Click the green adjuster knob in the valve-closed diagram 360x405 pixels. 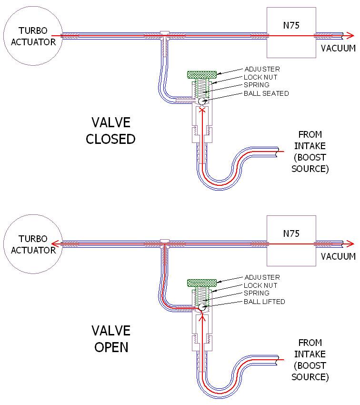pos(202,75)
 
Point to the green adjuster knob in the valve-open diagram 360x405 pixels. pos(202,283)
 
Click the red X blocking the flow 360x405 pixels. pos(202,110)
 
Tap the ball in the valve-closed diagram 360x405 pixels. pos(202,101)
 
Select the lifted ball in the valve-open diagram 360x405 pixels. pos(202,307)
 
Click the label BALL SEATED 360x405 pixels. pos(266,93)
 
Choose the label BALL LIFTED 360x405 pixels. pos(264,302)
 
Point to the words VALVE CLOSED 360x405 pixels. pos(110,131)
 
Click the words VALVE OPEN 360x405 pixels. pos(111,339)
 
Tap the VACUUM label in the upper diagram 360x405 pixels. pos(338,48)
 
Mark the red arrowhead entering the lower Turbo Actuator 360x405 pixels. pos(55,244)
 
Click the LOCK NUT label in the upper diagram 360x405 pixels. pos(260,77)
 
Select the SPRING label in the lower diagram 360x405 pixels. pos(257,293)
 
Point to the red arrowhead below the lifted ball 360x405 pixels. pos(202,317)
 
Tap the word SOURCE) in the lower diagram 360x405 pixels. pos(310,377)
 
